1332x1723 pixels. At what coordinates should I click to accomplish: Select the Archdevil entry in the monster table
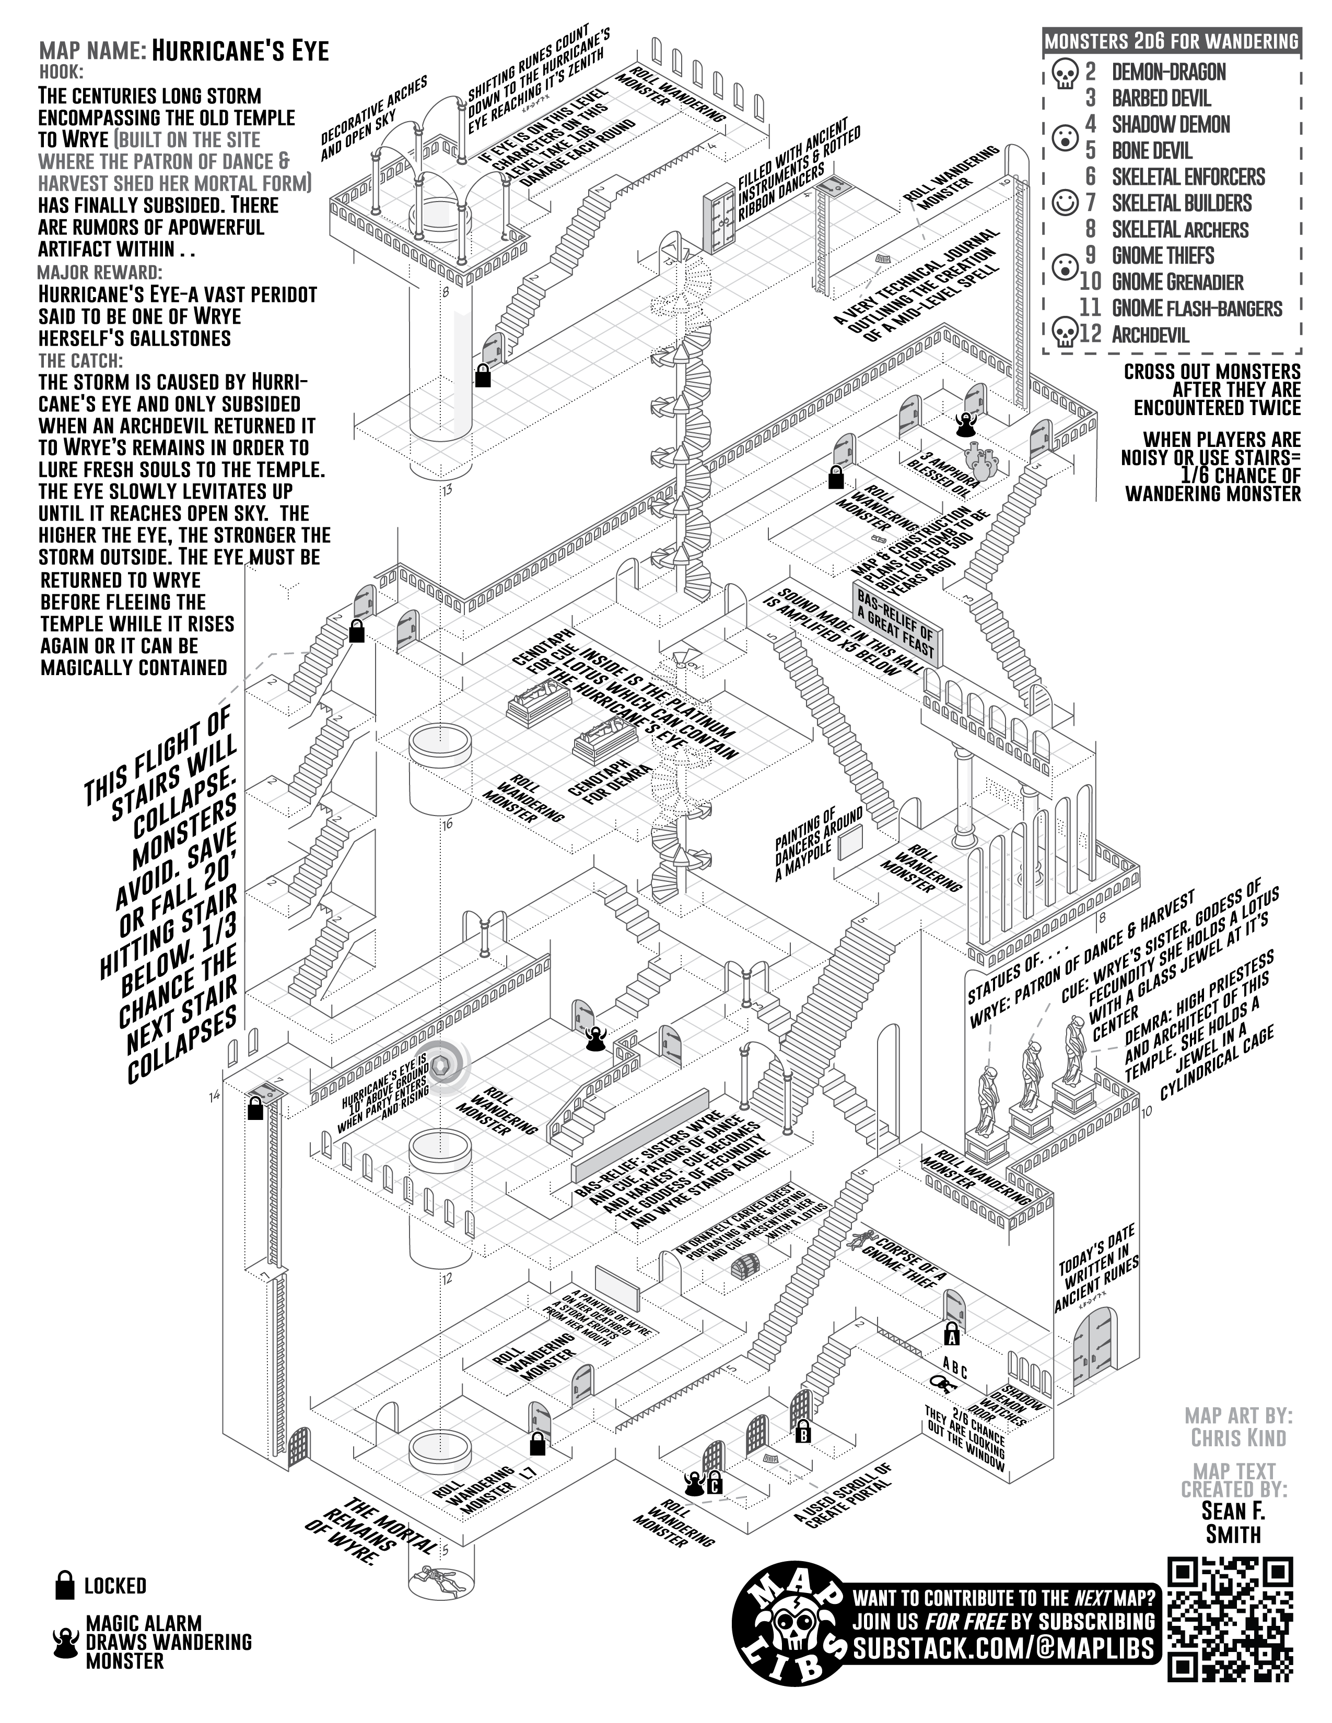point(1150,335)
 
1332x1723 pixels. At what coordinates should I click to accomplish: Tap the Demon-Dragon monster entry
point(1169,73)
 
